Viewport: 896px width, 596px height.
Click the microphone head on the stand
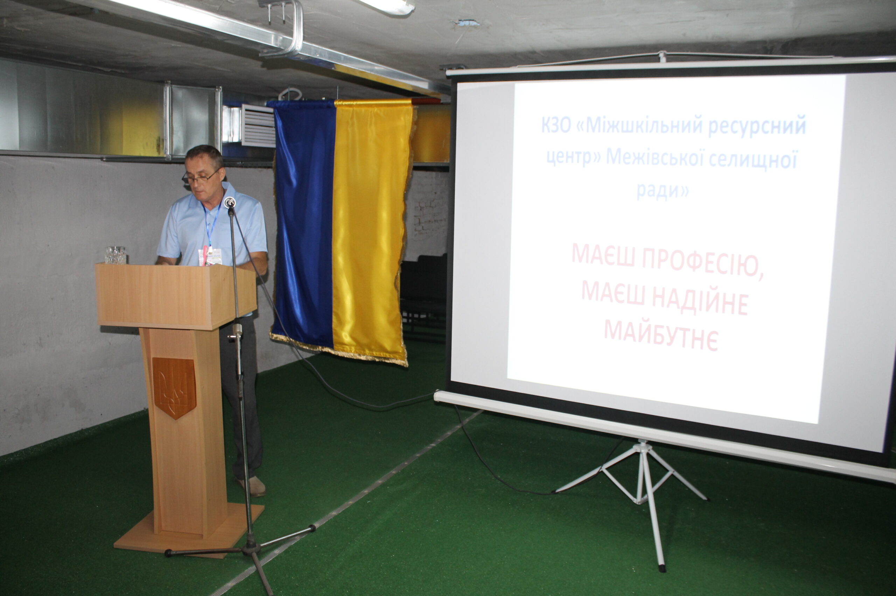coord(230,202)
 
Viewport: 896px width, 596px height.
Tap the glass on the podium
coord(115,255)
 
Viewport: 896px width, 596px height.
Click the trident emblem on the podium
coord(174,388)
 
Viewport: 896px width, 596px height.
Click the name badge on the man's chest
coord(210,257)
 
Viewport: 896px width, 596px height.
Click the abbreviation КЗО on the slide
coord(556,126)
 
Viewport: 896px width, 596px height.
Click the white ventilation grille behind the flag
coord(258,126)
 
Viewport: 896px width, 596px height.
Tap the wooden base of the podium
coord(189,530)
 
